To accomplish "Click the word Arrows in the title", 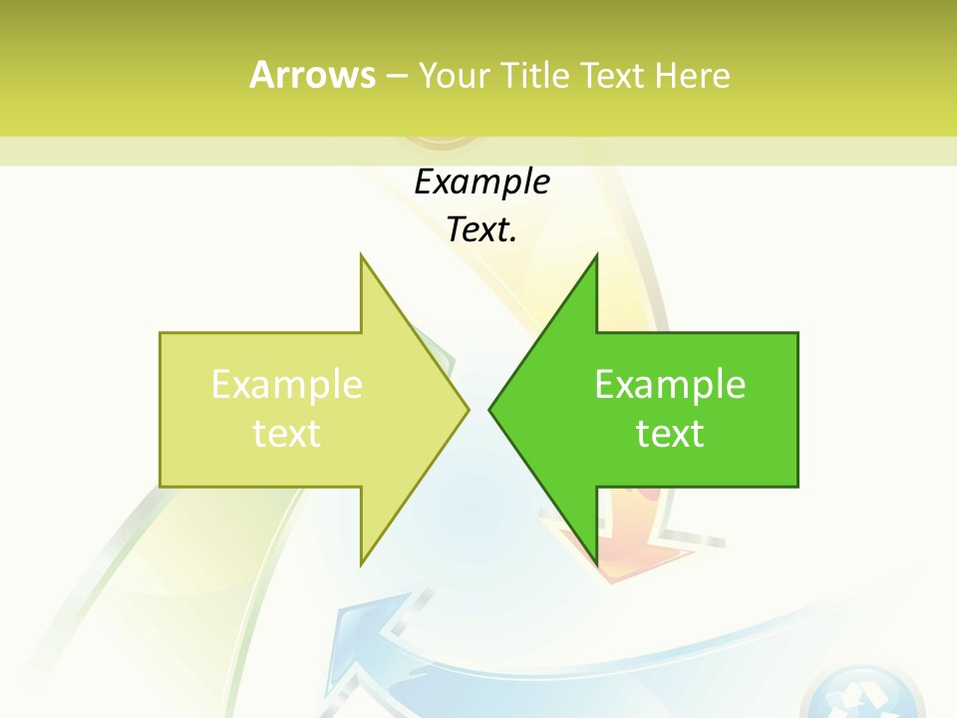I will coord(312,75).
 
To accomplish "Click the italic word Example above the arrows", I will coord(481,182).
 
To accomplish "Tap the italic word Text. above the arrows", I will coord(481,230).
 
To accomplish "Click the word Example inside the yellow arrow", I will coord(287,384).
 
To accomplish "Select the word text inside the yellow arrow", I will coord(287,433).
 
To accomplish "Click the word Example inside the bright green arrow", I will coord(670,384).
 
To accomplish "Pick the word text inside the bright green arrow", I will coord(670,433).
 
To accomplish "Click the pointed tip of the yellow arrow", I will coord(468,409).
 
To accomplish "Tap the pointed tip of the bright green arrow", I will coord(490,409).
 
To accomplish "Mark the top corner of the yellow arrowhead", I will coord(362,256).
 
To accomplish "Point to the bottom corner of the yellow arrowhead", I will coord(362,563).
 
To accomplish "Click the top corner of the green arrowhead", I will coord(596,256).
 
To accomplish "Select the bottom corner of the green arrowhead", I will coord(596,563).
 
